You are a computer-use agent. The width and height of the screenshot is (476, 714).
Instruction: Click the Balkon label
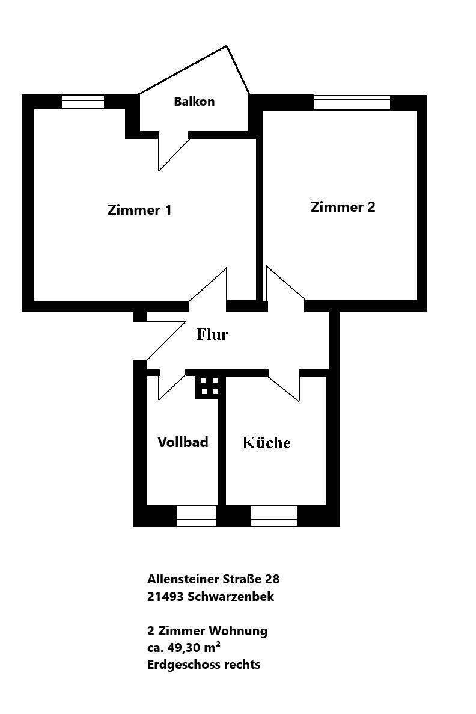tap(194, 102)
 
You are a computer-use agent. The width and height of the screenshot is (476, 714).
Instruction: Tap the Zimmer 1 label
tap(139, 211)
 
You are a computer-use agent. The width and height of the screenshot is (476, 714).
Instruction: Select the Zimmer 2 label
tap(343, 208)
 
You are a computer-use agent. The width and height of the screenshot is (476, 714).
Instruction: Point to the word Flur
tap(213, 334)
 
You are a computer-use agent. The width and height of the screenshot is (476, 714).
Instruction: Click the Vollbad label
tap(183, 442)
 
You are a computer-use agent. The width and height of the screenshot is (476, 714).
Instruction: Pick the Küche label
tap(266, 443)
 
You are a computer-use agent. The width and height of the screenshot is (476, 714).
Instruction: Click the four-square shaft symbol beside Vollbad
tap(209, 386)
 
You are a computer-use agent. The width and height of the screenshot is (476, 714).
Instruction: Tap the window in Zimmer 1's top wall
tap(83, 102)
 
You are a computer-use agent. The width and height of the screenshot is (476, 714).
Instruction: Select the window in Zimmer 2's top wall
tap(352, 103)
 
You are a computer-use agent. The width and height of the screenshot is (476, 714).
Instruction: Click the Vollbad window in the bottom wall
tap(196, 516)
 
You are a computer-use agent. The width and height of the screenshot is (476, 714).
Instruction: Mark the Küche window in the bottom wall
tap(273, 516)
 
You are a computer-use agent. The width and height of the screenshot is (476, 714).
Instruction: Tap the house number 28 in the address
tap(272, 580)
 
